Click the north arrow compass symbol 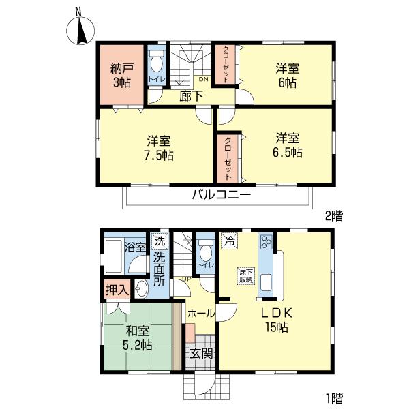[80, 29]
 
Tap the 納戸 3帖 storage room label [121, 74]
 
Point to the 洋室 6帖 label [287, 74]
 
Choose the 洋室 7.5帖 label [159, 148]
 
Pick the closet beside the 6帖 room [222, 65]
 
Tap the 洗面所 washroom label [159, 268]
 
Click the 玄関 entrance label [200, 354]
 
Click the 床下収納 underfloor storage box [246, 275]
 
